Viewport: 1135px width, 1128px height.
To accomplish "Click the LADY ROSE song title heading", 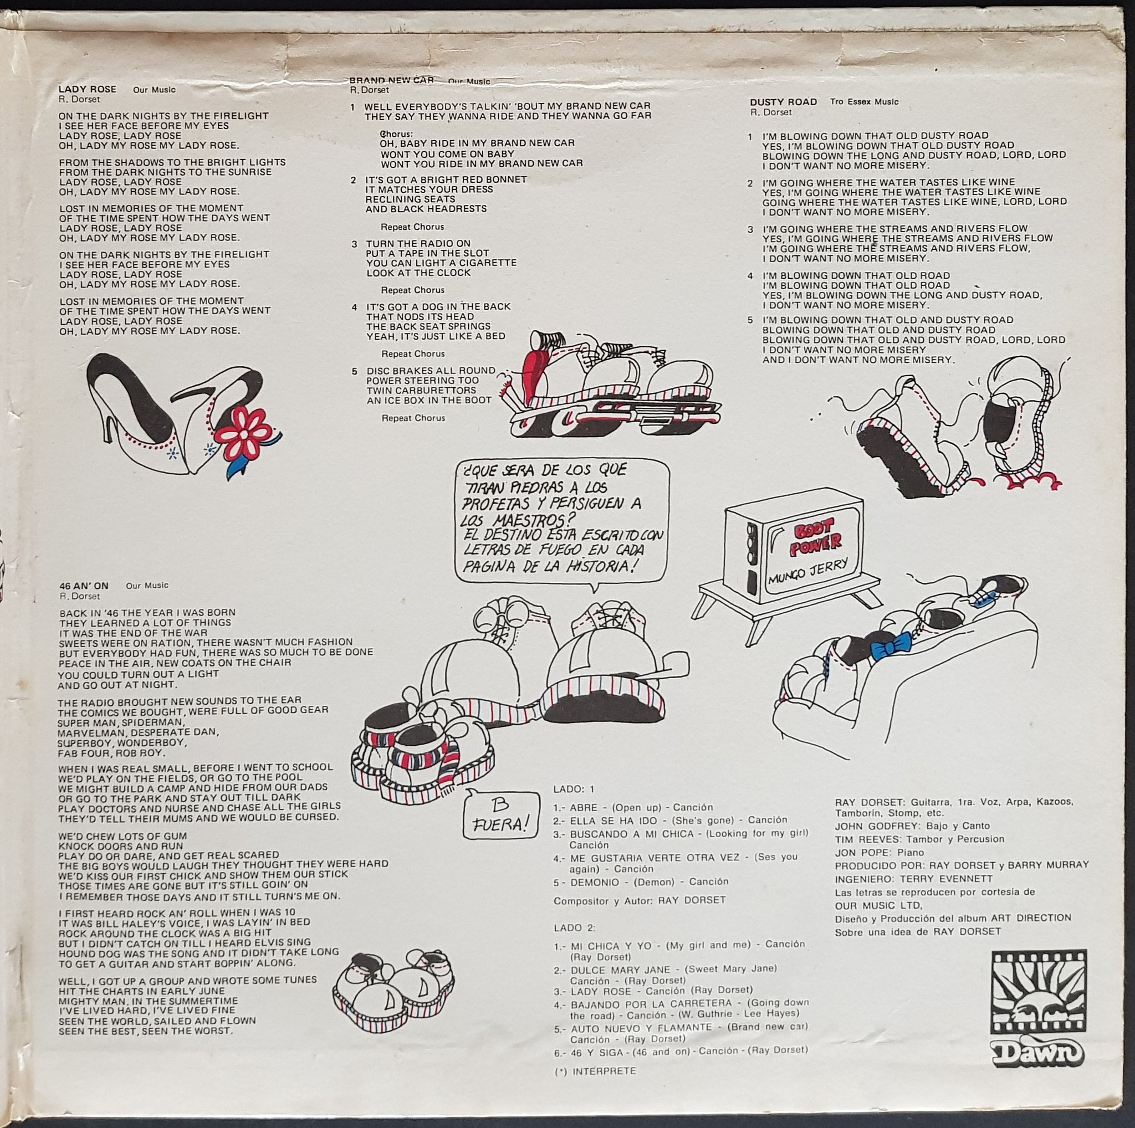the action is pos(88,89).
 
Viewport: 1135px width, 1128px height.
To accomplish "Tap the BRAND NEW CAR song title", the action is pos(391,80).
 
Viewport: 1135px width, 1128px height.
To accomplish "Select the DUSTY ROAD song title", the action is pos(783,101).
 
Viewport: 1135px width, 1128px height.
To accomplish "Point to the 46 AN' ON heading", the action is pos(84,586).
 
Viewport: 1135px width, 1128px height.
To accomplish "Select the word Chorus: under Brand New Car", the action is pos(397,134).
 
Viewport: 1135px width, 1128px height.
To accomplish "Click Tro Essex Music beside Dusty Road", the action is pos(864,101).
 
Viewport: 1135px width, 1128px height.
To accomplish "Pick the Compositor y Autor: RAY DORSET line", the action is pos(640,900).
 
